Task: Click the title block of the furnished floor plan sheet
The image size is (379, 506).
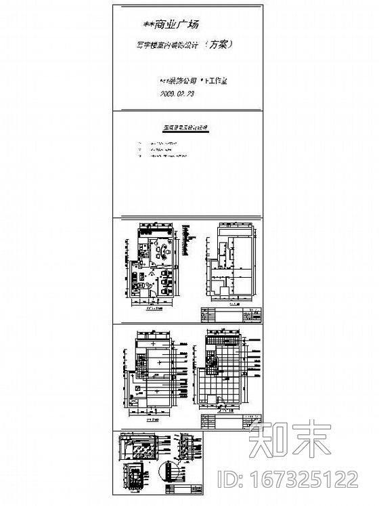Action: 230,316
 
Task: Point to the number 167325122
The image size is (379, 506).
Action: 309,480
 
